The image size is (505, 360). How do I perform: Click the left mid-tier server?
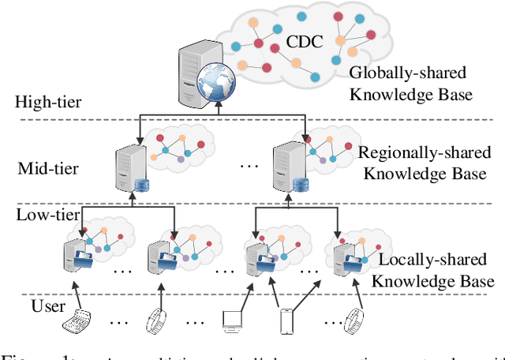(127, 167)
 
